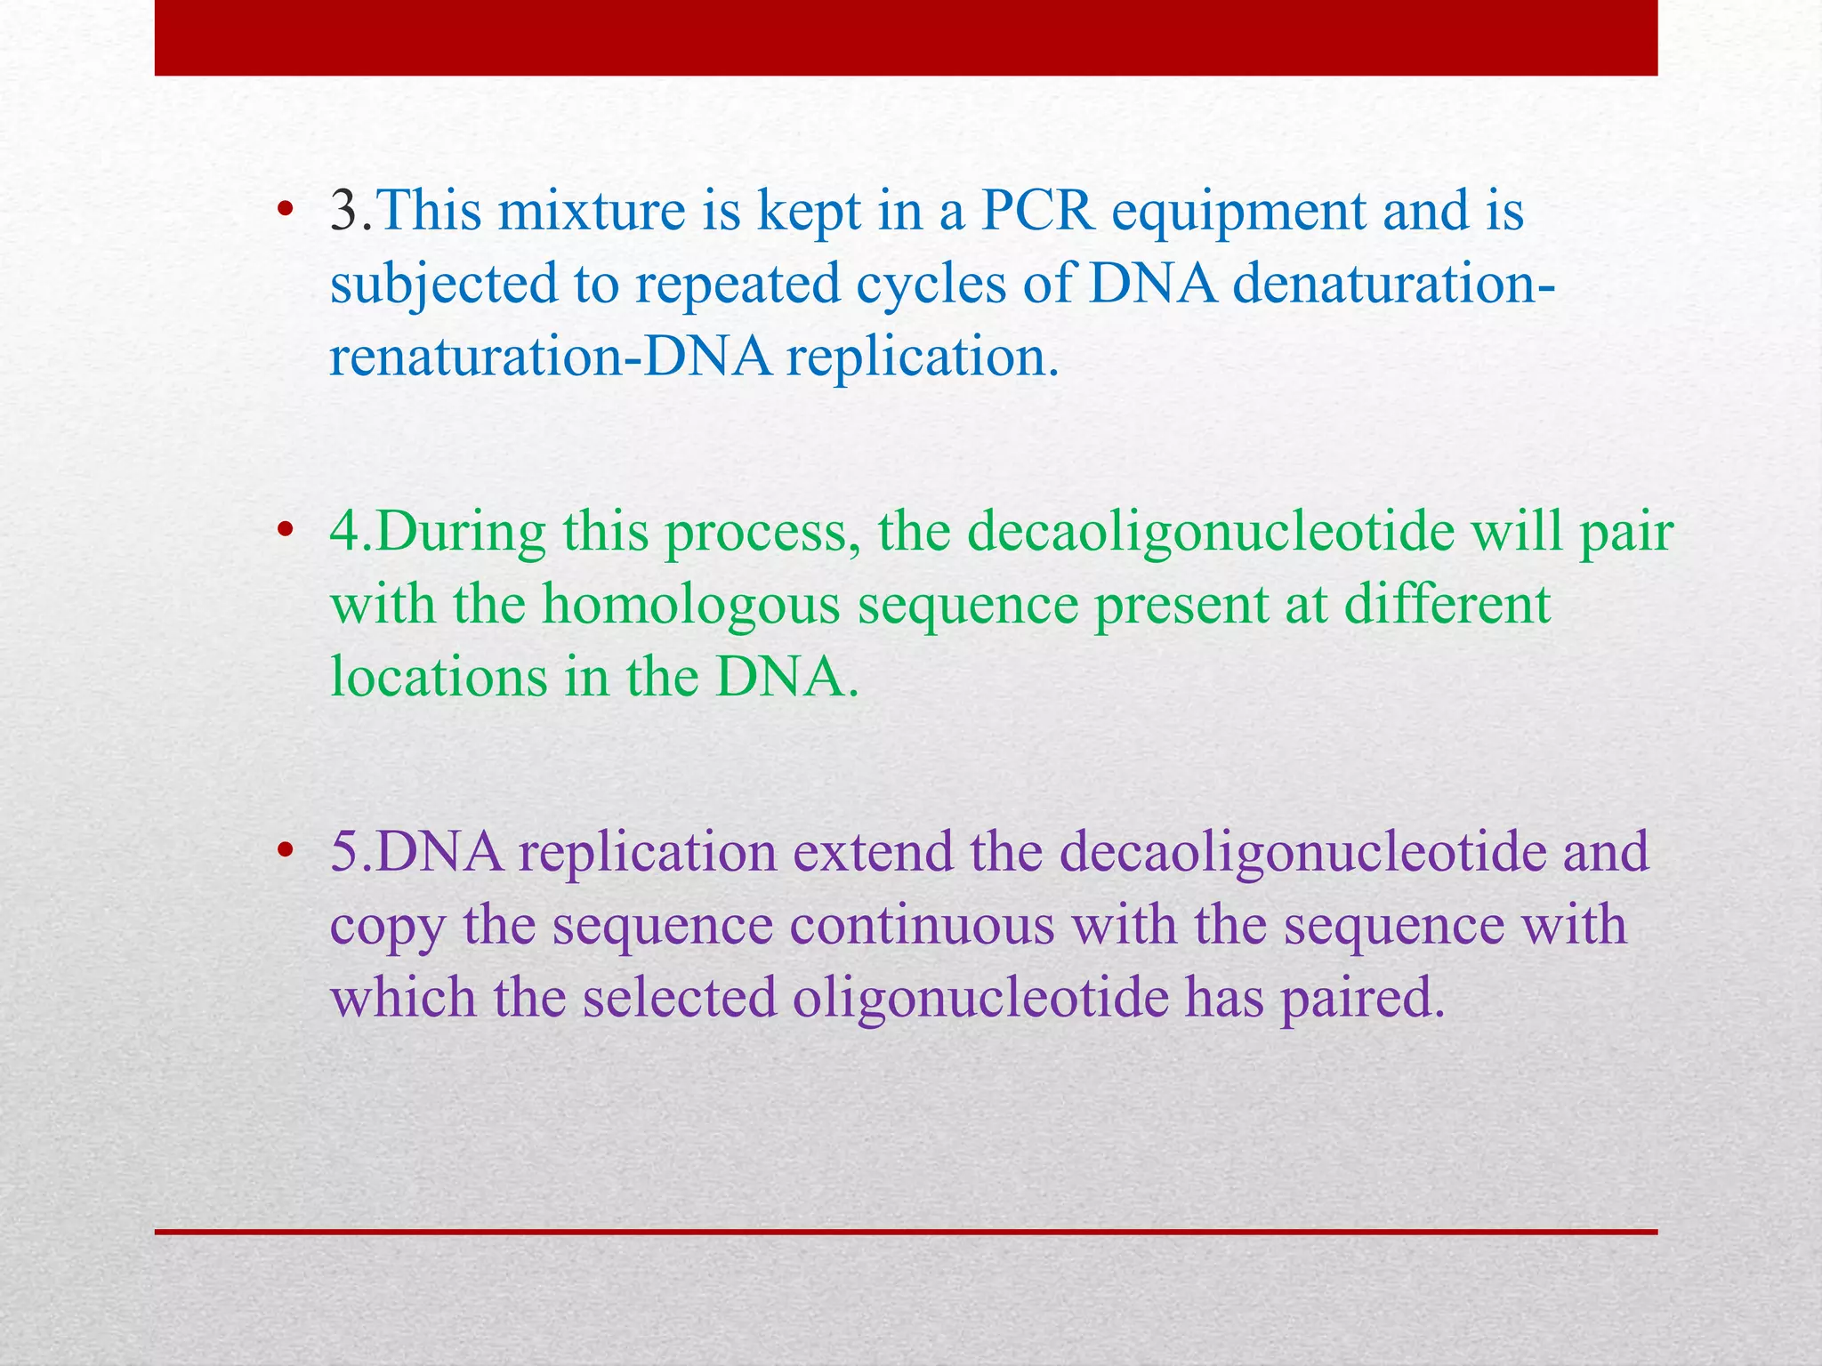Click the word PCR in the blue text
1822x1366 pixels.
(1037, 212)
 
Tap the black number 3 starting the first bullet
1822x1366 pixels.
(344, 212)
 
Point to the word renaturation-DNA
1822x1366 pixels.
(551, 358)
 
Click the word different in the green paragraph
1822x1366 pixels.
(1447, 605)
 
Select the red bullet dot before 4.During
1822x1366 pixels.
(285, 532)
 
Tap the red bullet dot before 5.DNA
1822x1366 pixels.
(285, 851)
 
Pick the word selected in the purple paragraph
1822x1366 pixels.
(680, 998)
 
